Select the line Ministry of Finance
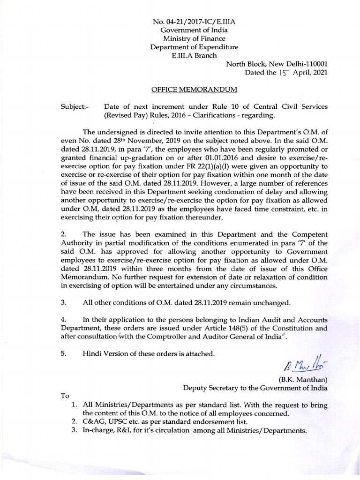pyautogui.click(x=194, y=39)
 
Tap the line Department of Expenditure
pyautogui.click(x=194, y=47)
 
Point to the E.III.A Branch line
pyautogui.click(x=194, y=56)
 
